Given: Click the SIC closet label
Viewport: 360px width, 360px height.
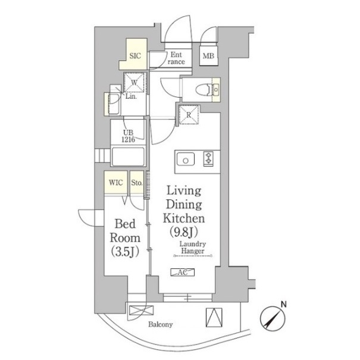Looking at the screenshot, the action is (135, 56).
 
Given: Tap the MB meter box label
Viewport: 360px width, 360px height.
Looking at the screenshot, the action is (208, 55).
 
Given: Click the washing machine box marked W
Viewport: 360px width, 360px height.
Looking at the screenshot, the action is (134, 83).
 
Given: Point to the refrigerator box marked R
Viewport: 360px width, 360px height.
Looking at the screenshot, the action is (189, 115).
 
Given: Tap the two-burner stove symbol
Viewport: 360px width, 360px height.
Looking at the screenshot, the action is (208, 158).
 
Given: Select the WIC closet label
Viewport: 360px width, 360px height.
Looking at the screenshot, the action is (115, 183).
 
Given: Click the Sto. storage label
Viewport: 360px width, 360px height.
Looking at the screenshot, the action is (137, 183).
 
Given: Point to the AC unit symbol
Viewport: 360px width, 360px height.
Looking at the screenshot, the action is (183, 273).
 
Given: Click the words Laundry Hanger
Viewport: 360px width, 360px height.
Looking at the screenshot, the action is (193, 248).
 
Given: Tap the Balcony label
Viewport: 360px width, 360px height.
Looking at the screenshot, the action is (161, 324).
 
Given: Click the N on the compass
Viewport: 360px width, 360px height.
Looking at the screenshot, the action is (284, 305).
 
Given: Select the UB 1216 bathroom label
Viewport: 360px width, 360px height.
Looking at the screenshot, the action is (128, 136).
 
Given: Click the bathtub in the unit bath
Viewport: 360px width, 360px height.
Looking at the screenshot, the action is (128, 156).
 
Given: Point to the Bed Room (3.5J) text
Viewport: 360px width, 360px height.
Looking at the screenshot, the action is (125, 237).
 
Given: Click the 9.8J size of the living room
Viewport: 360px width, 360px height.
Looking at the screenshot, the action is (183, 231).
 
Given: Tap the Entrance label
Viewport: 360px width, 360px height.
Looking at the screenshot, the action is (176, 58).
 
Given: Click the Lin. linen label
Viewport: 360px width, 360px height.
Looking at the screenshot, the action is (131, 96).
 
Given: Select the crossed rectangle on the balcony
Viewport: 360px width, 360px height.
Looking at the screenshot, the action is (142, 311).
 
